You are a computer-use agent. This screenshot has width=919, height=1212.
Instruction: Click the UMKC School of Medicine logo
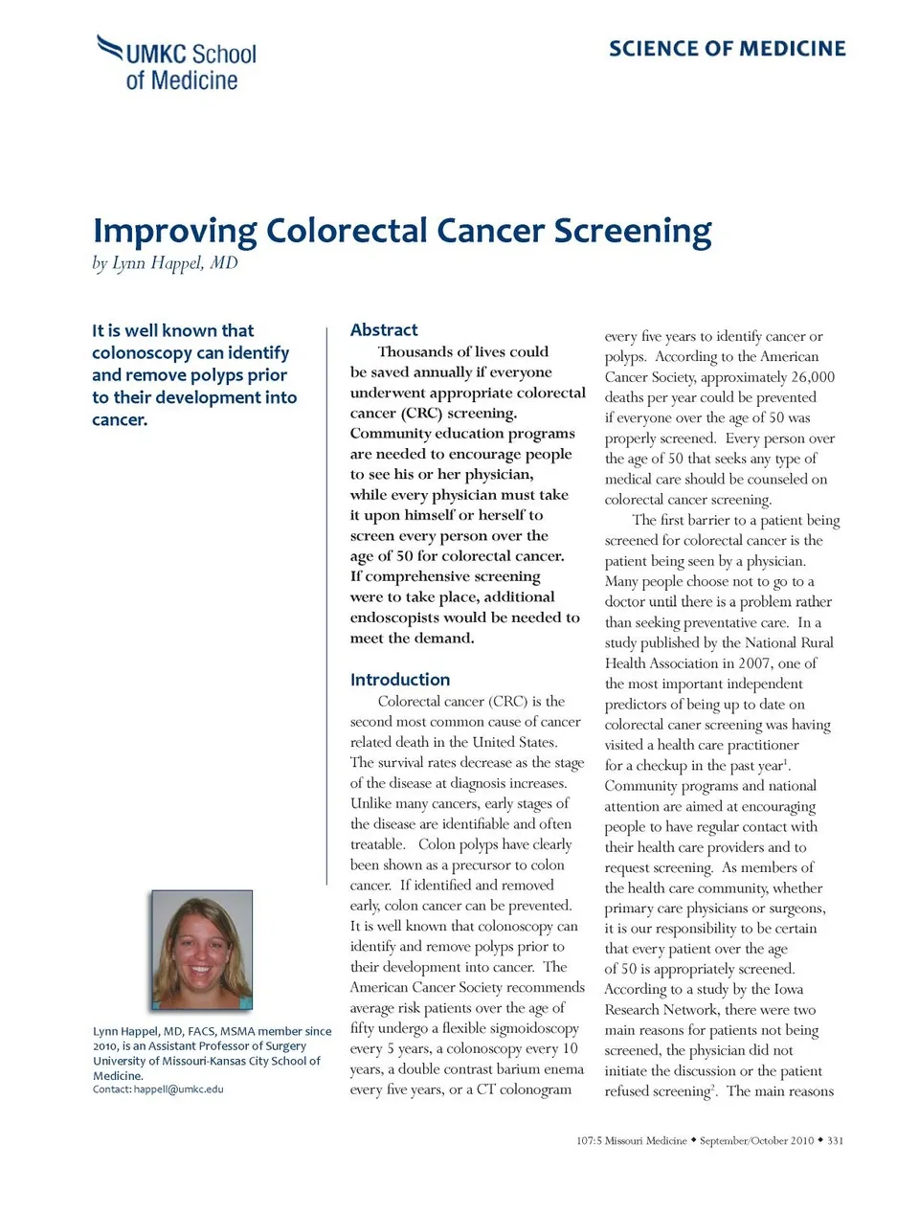(x=178, y=63)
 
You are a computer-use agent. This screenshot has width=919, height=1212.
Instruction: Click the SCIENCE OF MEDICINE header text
(x=727, y=49)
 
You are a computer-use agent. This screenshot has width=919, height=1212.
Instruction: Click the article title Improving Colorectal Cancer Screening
(x=402, y=231)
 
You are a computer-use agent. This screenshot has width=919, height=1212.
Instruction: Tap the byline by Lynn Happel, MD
(x=165, y=263)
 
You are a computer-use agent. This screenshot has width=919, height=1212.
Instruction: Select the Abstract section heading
(x=384, y=330)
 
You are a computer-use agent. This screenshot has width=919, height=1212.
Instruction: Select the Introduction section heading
(x=399, y=680)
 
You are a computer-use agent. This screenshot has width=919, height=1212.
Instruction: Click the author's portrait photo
(x=202, y=950)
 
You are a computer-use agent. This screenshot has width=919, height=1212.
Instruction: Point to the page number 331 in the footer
(x=835, y=1141)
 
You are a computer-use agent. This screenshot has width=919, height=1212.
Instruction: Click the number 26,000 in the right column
(x=813, y=377)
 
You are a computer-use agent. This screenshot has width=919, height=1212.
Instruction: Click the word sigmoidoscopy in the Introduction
(x=533, y=1029)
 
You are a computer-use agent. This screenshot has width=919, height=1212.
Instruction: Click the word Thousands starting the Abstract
(x=415, y=351)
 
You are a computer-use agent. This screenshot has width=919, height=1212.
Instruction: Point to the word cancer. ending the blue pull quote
(x=120, y=419)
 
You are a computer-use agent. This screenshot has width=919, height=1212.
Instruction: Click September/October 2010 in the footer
(x=756, y=1141)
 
